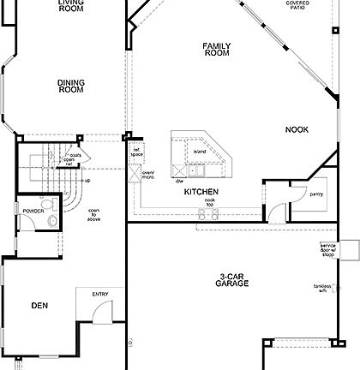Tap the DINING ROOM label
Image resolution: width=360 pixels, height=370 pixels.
(70, 86)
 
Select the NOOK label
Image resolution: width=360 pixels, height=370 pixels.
(297, 129)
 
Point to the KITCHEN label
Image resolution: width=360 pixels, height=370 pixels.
(201, 192)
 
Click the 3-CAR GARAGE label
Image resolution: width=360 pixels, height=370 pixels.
(232, 279)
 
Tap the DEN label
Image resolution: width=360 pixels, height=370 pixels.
(39, 305)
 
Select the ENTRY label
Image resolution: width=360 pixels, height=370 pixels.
(100, 295)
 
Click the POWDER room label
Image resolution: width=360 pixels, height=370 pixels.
(34, 210)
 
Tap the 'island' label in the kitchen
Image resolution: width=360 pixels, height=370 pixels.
(200, 152)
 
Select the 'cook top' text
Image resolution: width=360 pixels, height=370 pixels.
(210, 204)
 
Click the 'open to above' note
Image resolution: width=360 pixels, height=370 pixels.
(93, 216)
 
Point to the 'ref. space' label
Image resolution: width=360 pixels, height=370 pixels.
(135, 154)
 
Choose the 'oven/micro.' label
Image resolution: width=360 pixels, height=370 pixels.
(147, 176)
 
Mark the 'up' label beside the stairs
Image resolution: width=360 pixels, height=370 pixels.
(87, 180)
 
